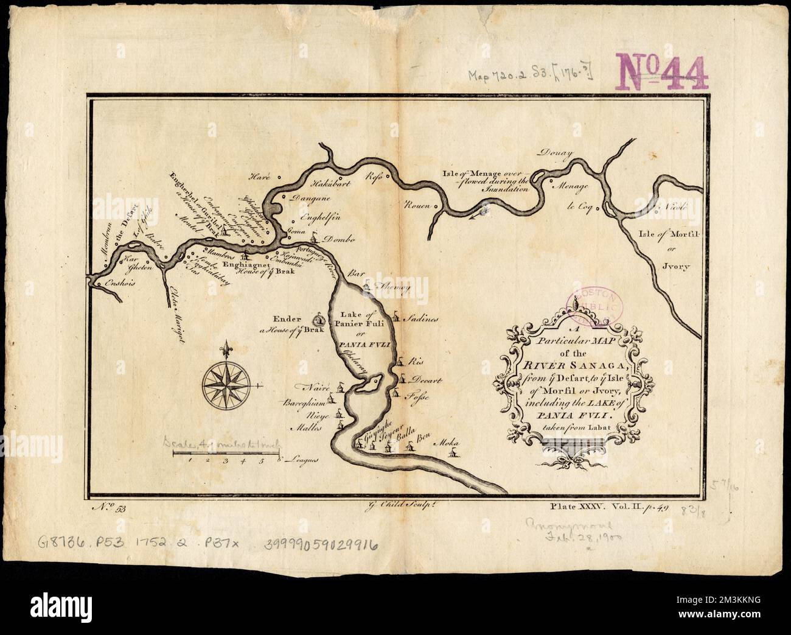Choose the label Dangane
pos(309,198)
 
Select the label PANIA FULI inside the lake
pos(363,345)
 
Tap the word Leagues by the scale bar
pos(303,464)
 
